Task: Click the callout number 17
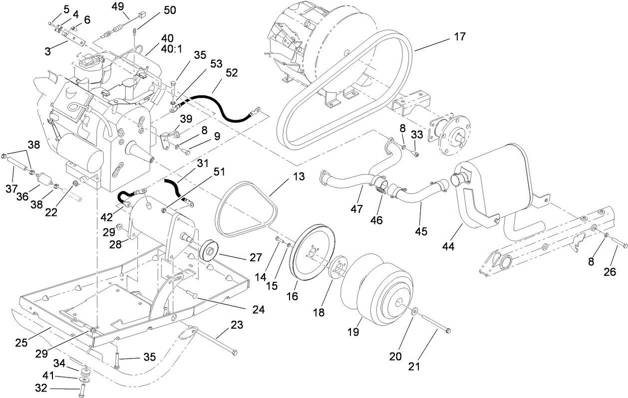[x=460, y=36]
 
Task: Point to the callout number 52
[x=232, y=73]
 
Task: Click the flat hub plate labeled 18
[x=335, y=265]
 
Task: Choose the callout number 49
[x=118, y=6]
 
